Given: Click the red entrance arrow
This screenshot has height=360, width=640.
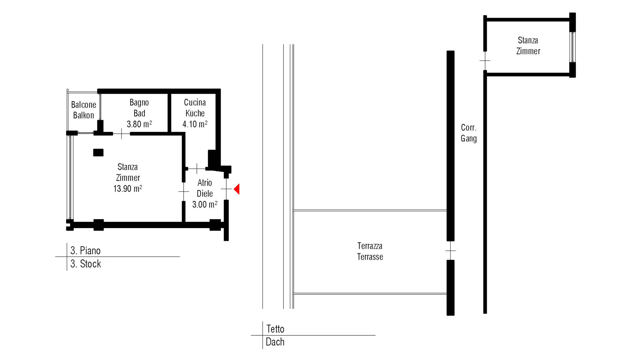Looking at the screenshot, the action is pyautogui.click(x=237, y=189).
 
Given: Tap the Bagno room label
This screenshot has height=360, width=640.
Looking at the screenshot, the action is pyautogui.click(x=139, y=103).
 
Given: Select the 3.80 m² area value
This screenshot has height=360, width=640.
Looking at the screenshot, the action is pyautogui.click(x=139, y=124).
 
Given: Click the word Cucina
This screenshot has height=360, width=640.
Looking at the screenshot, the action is pyautogui.click(x=195, y=102).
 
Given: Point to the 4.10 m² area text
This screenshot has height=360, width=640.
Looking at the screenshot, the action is pyautogui.click(x=195, y=124).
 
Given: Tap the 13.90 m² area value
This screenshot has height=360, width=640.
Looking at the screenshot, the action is pyautogui.click(x=128, y=188).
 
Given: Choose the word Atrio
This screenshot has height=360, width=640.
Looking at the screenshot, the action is pyautogui.click(x=205, y=183).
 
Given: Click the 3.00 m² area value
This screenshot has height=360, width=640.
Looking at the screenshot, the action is pyautogui.click(x=205, y=204).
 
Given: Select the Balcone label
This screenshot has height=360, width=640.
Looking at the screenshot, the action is pyautogui.click(x=84, y=105).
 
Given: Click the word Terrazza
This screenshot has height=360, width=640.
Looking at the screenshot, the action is pyautogui.click(x=370, y=246).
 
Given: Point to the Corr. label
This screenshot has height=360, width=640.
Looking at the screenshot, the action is pyautogui.click(x=469, y=128).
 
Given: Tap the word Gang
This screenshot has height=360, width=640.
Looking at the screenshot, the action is pyautogui.click(x=469, y=139).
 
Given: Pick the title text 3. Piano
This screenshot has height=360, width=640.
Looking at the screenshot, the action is pyautogui.click(x=85, y=251).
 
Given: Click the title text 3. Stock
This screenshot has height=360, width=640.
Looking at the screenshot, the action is pyautogui.click(x=86, y=264).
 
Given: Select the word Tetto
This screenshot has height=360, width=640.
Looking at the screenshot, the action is pyautogui.click(x=276, y=329).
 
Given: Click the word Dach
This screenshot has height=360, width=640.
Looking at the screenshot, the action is pyautogui.click(x=275, y=342).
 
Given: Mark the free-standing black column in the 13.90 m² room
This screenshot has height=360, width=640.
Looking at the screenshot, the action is pyautogui.click(x=98, y=153).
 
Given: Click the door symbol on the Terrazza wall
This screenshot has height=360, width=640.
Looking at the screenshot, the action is pyautogui.click(x=451, y=251).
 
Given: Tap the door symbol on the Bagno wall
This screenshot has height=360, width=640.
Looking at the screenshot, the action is pyautogui.click(x=122, y=134).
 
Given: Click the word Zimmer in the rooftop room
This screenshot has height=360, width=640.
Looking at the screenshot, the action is pyautogui.click(x=528, y=51).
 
